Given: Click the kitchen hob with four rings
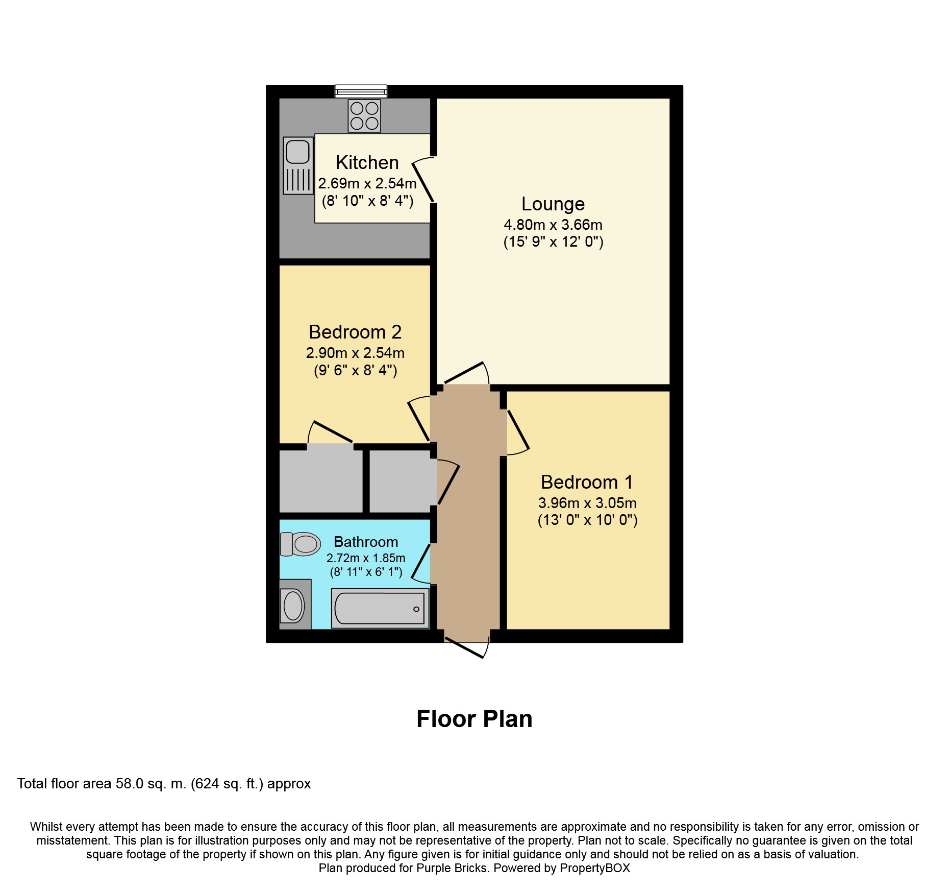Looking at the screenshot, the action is point(364,116).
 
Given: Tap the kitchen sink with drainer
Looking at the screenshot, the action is point(298,165).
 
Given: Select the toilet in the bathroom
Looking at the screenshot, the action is point(301,544).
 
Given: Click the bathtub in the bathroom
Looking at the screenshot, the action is point(380,608).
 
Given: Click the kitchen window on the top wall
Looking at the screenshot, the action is point(361,91).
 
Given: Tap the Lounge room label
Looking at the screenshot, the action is point(553,204).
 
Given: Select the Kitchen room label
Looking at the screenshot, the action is point(367,162).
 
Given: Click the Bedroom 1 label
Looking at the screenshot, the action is point(587,482).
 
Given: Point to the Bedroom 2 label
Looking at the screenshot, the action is point(355,332).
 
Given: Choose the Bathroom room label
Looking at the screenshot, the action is point(366,542).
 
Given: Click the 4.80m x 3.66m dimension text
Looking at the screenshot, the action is point(553,225).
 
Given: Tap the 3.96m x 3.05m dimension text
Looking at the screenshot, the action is point(587,503).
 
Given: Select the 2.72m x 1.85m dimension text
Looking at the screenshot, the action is point(366,558).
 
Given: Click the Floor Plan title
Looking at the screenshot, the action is point(475,719).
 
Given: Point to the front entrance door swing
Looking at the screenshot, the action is point(467,648).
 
